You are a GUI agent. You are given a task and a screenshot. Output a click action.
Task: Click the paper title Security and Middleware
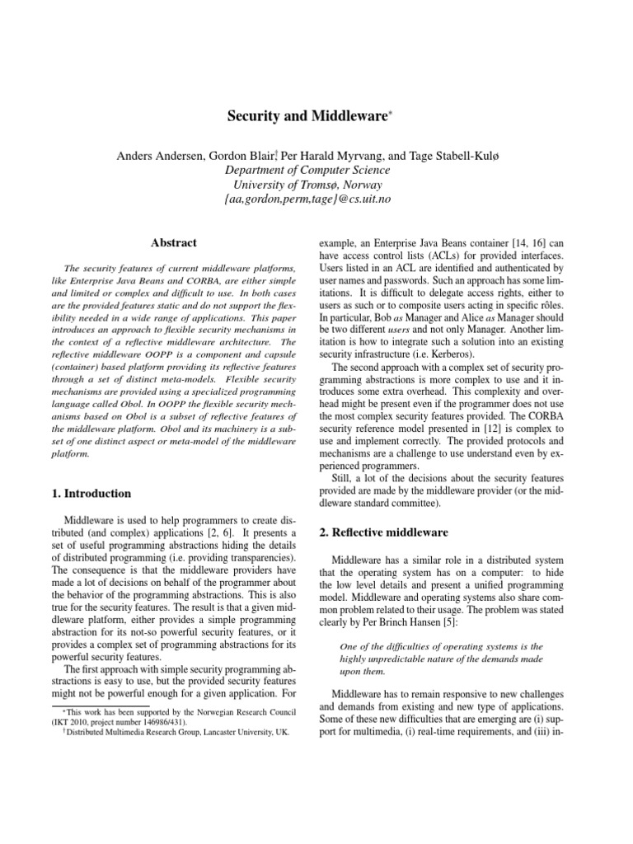pyautogui.click(x=307, y=118)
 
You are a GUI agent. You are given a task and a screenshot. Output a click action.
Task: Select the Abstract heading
pyautogui.click(x=173, y=243)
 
